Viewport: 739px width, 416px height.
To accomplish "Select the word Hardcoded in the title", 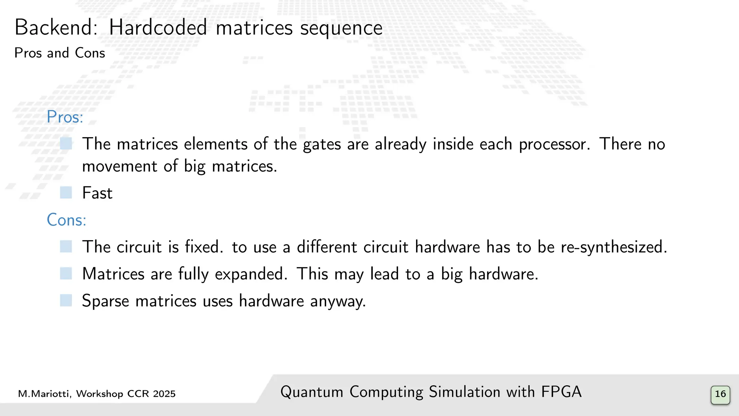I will click(x=158, y=27).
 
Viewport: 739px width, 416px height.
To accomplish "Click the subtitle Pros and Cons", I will click(x=60, y=53).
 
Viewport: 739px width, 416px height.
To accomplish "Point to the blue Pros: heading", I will click(x=65, y=117).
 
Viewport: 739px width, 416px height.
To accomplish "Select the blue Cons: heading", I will click(x=67, y=220).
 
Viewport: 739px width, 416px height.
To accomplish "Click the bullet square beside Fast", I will click(x=66, y=192).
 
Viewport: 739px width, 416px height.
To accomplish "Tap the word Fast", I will click(x=97, y=193).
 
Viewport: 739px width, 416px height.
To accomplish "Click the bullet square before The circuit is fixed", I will click(x=66, y=247).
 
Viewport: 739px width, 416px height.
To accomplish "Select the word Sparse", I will click(x=105, y=301).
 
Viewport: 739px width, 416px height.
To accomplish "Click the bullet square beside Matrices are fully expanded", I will click(x=66, y=273).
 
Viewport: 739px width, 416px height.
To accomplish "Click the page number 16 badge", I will click(x=720, y=394).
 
